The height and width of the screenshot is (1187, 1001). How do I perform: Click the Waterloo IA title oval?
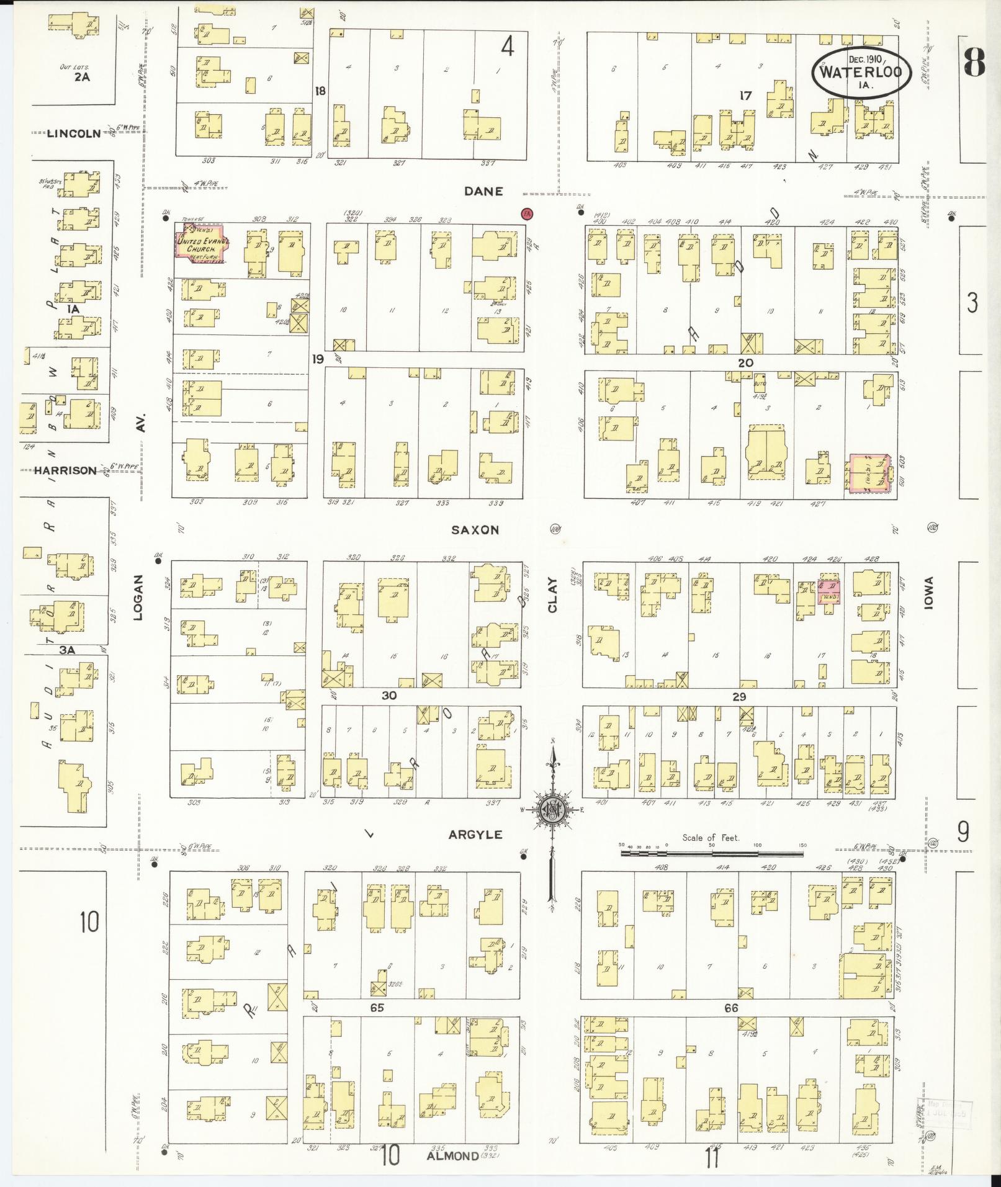pos(862,73)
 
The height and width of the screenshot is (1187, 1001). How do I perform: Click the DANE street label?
pos(483,192)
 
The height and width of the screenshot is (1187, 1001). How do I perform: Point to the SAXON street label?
pos(483,530)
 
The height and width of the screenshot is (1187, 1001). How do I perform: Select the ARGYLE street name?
pos(475,835)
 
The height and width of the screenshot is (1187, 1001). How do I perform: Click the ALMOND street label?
pos(452,1156)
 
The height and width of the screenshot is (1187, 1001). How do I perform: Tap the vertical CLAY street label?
pos(552,596)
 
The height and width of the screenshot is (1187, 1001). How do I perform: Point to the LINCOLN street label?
pos(74,133)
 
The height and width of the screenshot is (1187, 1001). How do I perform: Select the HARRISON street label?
pos(65,471)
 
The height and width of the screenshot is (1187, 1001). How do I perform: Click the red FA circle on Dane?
pos(527,213)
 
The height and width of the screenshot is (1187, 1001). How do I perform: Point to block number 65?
pos(377,1008)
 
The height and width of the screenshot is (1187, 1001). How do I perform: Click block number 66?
pos(731,1008)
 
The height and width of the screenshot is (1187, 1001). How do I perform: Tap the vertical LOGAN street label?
pos(138,597)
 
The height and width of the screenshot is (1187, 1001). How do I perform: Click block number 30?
pos(388,696)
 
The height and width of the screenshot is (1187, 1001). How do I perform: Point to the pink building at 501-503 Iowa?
pos(868,474)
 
